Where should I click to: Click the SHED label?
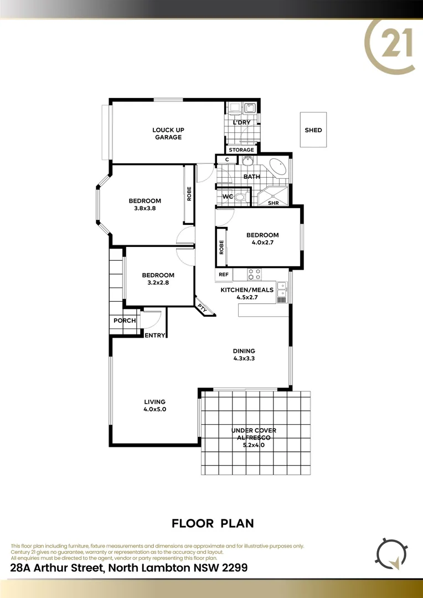tap(313, 130)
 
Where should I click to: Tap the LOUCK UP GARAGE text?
tap(168, 133)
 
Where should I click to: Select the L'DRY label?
tap(241, 122)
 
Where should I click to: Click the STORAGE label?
tap(241, 149)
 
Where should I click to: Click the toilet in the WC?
tap(240, 197)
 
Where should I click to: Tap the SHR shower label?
tap(273, 203)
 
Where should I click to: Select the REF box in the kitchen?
tap(224, 274)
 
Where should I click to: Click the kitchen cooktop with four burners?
tap(254, 273)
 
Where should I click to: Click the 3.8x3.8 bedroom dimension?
tap(145, 209)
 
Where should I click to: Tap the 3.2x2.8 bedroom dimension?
tap(158, 283)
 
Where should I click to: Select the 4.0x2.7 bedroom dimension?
tap(262, 243)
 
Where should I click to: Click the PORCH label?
tap(125, 321)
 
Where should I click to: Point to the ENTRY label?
tap(155, 335)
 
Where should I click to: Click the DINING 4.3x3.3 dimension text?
tap(244, 358)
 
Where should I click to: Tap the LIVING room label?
tap(155, 402)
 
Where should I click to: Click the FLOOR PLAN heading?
tap(213, 523)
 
